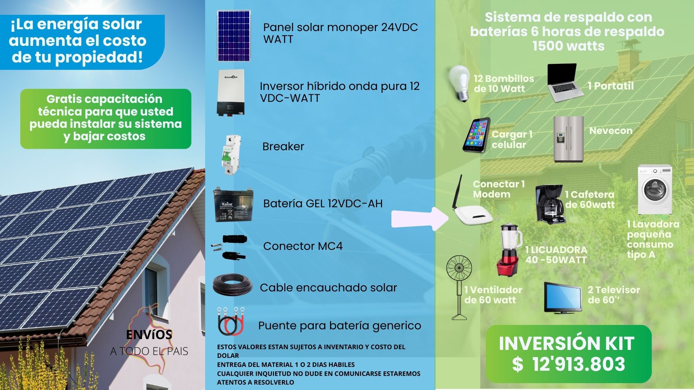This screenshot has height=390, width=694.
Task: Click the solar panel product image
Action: click(234, 36)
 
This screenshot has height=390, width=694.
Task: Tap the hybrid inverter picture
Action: click(230, 93)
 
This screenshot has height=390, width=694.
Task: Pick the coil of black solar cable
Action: click(232, 285)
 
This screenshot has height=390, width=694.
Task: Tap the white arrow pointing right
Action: click(420, 218)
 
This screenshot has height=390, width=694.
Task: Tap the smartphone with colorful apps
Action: click(476, 135)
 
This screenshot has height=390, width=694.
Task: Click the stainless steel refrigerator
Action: click(568, 139)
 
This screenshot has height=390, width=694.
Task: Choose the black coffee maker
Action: click(549, 204)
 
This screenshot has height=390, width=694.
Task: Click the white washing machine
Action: click(655, 190)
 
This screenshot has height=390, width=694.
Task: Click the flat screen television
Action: click(562, 297)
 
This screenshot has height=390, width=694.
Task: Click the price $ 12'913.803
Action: click(569, 364)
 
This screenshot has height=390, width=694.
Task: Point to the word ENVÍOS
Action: click(149, 335)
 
